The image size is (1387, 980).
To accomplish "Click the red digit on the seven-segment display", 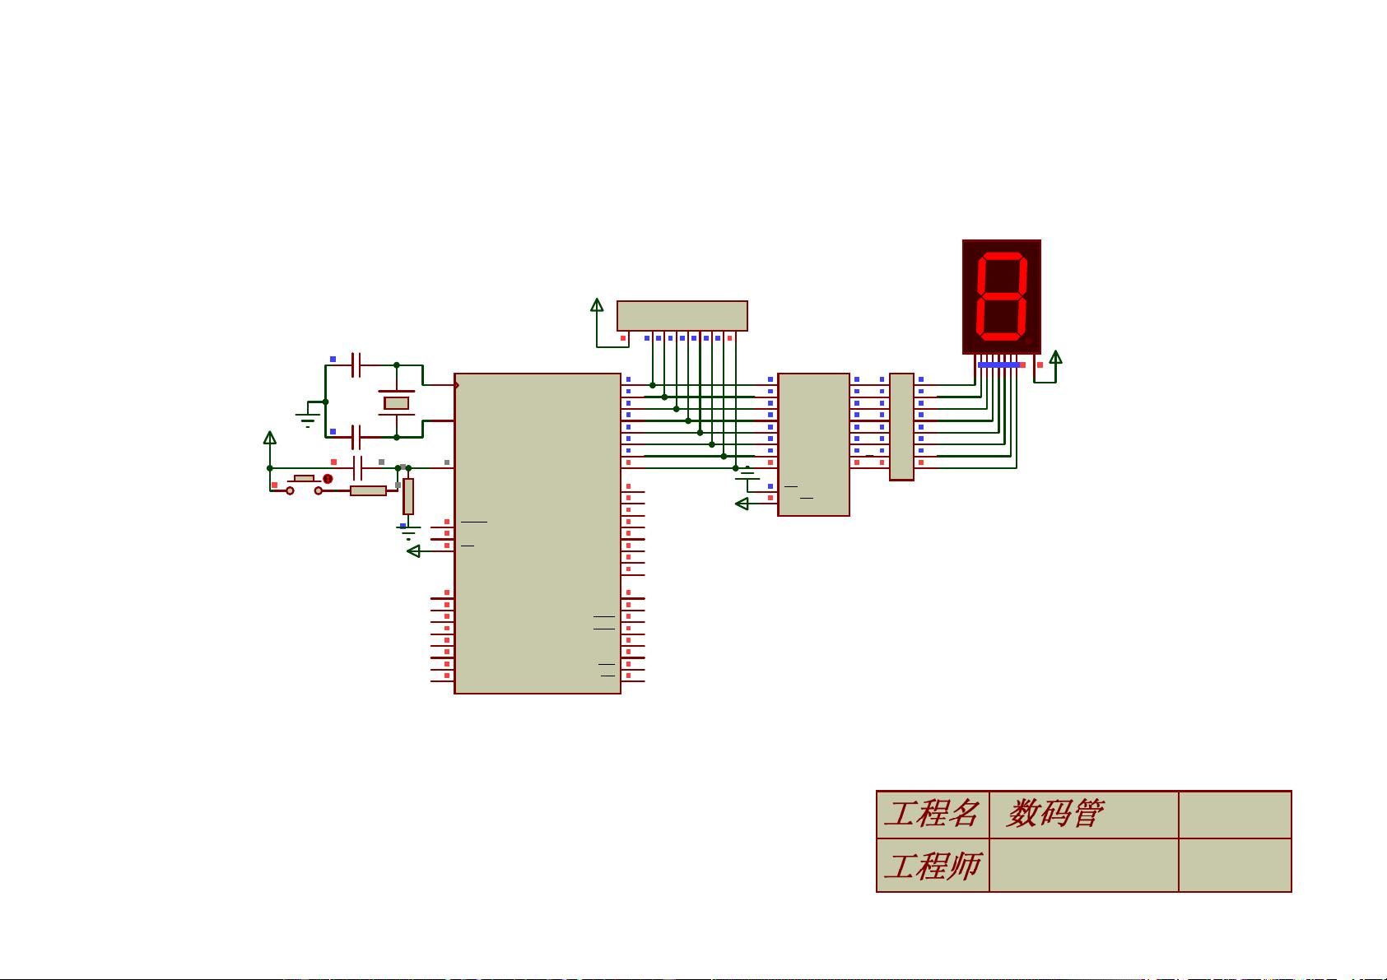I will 1001,297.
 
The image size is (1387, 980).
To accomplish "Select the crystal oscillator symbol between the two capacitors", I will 396,403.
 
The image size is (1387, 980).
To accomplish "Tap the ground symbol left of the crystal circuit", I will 307,420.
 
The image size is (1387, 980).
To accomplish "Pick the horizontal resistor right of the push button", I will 368,490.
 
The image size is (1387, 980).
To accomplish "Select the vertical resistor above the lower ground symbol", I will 408,496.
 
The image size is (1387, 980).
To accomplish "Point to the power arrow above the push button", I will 269,438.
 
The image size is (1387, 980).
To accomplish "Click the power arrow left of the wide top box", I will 597,306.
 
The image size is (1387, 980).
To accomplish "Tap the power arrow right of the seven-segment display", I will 1055,357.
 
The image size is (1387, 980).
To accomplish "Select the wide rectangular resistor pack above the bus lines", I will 682,316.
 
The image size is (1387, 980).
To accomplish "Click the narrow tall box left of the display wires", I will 901,426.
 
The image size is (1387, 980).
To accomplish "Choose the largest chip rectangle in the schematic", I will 537,533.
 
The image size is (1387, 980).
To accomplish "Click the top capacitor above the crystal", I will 356,365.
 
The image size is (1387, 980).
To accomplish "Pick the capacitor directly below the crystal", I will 356,437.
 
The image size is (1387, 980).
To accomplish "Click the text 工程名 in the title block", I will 931,814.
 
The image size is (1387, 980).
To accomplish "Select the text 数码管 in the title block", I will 1055,814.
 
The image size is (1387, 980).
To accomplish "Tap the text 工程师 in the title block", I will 931,866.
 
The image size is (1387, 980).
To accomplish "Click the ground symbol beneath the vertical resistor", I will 408,532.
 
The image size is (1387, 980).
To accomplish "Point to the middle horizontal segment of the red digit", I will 1001,296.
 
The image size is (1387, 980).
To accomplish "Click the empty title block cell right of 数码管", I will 1234,815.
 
